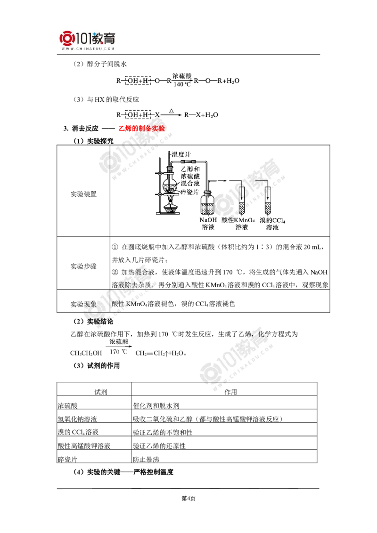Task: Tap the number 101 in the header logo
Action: (x=84, y=38)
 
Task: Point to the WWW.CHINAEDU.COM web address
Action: (x=88, y=48)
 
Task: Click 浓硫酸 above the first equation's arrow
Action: (x=182, y=76)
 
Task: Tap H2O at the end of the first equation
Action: (x=233, y=81)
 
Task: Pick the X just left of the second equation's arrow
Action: (x=157, y=114)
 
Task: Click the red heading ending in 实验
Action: (x=141, y=128)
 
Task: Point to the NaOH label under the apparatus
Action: (x=208, y=220)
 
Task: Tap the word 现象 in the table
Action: (x=90, y=305)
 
